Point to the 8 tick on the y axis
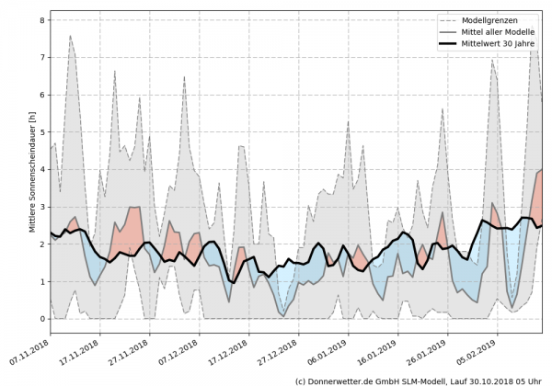[42, 19]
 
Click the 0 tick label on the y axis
[42, 319]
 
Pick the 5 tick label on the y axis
[42, 131]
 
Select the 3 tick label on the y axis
[42, 207]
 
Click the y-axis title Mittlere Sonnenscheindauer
[30, 169]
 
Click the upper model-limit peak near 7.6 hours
[71, 36]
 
